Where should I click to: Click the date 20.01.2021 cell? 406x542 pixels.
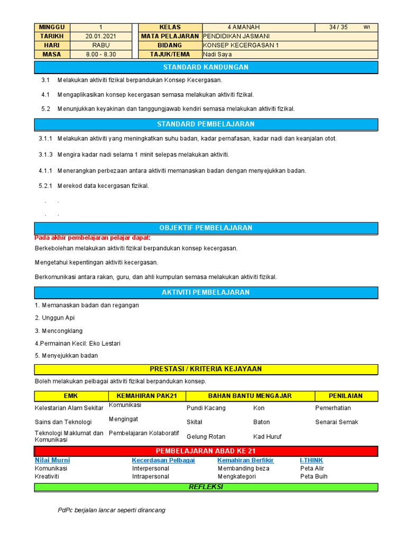[x=100, y=36]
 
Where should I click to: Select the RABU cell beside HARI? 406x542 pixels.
[x=100, y=45]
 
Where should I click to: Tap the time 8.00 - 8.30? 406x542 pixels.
[x=100, y=54]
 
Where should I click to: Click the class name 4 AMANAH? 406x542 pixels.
[x=244, y=27]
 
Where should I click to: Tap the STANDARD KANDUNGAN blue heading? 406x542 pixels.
[x=206, y=67]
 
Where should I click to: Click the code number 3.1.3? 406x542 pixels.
[x=45, y=154]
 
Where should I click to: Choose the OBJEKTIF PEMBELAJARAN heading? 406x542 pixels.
[x=206, y=228]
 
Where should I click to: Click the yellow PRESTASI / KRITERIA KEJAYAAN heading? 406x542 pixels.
[x=206, y=369]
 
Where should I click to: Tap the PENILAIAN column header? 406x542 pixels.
[x=346, y=395]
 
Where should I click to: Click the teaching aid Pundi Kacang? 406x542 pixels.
[x=206, y=408]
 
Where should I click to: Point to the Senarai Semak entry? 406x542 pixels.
[x=337, y=422]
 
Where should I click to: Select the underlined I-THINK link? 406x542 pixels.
[x=311, y=460]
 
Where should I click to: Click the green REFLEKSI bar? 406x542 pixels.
[x=206, y=487]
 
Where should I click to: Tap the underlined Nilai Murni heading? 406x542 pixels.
[x=52, y=460]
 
